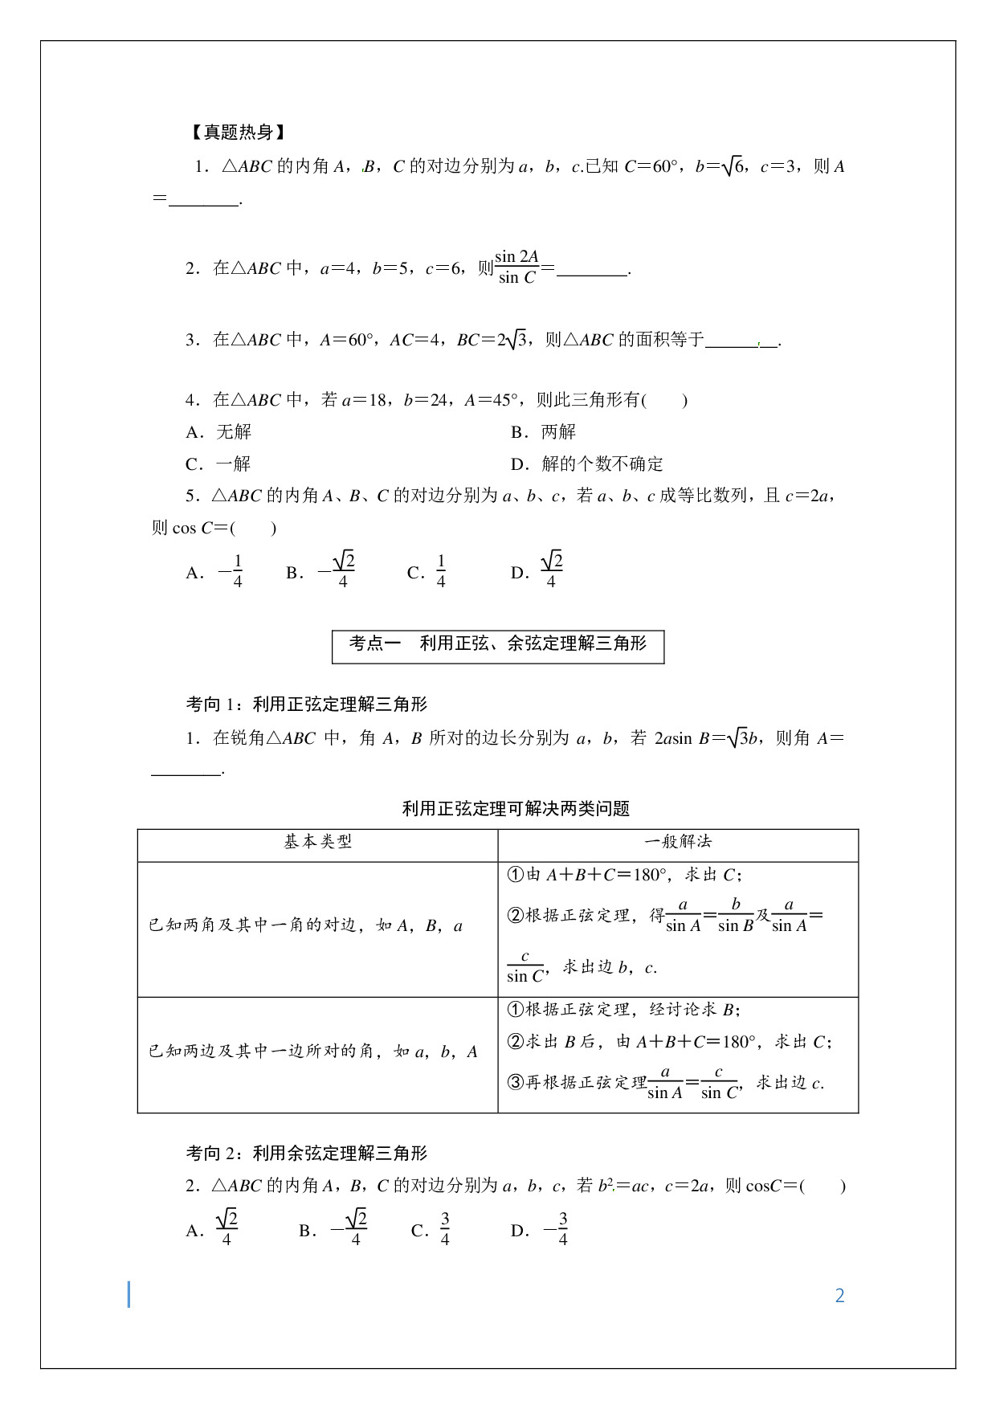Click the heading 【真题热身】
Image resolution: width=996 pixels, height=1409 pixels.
tap(239, 133)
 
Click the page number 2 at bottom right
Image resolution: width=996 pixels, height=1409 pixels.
tap(839, 1296)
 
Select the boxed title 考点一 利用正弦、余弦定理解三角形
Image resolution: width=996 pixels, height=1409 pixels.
tap(498, 645)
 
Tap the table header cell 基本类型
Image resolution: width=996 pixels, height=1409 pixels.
tap(318, 843)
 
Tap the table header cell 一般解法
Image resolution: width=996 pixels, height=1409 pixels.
tap(678, 843)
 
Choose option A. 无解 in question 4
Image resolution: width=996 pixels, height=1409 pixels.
tap(219, 432)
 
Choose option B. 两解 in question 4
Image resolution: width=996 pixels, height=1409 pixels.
tap(544, 432)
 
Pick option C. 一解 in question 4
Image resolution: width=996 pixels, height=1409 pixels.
tap(218, 464)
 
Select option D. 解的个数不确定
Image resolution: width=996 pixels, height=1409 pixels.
tap(587, 464)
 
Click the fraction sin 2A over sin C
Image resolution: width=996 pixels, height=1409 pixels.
tap(516, 268)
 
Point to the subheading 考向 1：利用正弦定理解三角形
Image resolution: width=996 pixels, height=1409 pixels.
tap(307, 704)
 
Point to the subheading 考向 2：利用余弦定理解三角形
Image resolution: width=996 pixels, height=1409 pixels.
tap(307, 1154)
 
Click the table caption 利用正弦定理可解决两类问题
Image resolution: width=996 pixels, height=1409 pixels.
tap(516, 809)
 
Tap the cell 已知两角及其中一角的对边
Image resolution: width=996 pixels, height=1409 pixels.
tap(306, 926)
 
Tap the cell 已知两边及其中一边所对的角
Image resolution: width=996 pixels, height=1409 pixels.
tap(313, 1052)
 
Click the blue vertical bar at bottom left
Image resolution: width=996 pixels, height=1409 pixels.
tap(129, 1295)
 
